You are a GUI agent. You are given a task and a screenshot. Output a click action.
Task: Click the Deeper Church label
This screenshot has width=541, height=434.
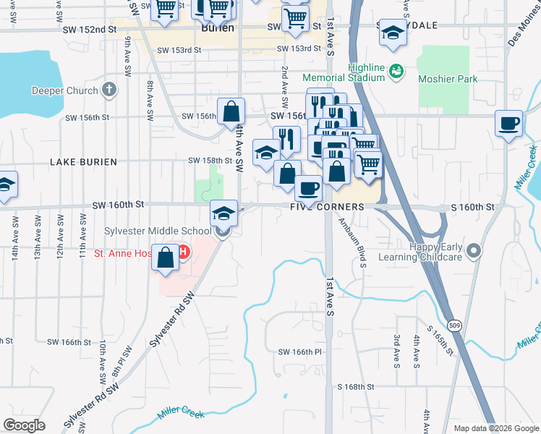[64, 90]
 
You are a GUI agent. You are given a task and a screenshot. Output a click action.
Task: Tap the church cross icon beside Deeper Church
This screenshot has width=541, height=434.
[108, 90]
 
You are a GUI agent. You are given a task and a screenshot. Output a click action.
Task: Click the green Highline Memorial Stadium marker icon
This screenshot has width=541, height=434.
[396, 71]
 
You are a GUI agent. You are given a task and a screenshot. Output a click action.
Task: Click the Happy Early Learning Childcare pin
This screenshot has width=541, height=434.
[474, 251]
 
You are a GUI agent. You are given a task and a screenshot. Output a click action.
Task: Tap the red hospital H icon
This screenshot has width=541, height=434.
[183, 253]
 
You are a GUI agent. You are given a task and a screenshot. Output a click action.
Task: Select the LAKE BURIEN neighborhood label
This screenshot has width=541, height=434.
[83, 162]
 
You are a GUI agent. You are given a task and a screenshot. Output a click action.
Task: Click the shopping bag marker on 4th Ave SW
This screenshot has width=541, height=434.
[231, 111]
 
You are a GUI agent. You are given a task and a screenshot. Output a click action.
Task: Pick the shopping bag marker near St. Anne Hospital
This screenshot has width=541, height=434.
[166, 258]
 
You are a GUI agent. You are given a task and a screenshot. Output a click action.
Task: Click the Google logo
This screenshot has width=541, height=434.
[25, 425]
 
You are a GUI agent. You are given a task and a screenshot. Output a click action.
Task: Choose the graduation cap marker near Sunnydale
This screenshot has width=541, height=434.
[393, 33]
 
